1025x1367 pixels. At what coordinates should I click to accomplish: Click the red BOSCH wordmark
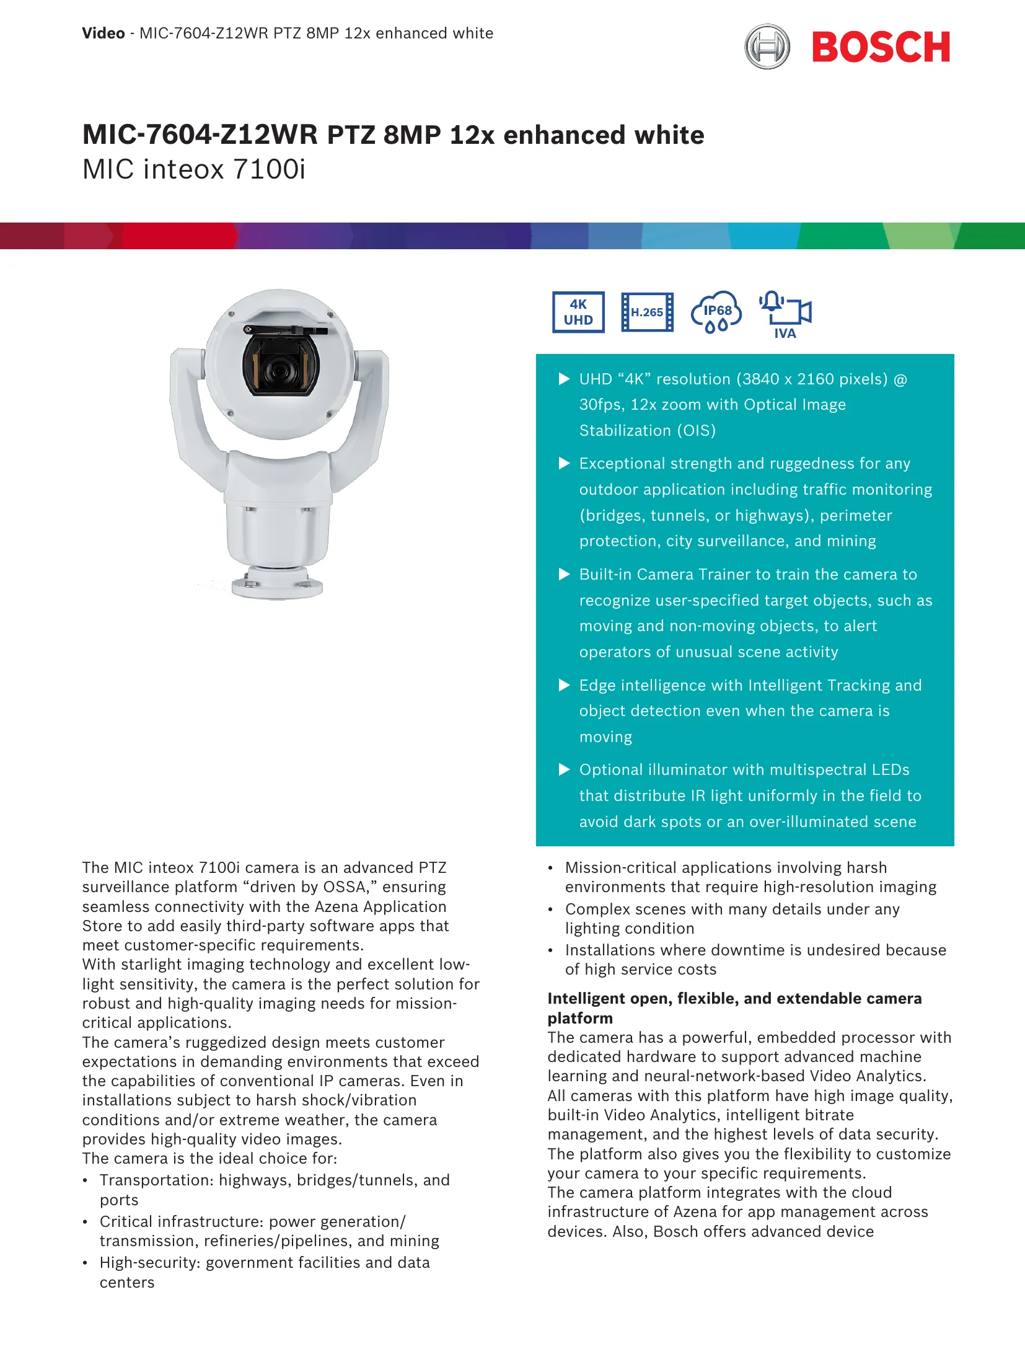click(x=881, y=47)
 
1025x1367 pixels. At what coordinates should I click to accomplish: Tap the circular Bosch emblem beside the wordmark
click(x=767, y=46)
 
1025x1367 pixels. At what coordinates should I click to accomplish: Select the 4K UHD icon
click(x=578, y=312)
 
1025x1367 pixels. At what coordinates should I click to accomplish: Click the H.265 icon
click(x=647, y=312)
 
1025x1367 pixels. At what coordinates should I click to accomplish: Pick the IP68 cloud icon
click(x=716, y=312)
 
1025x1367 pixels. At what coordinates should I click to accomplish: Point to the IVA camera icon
click(x=786, y=313)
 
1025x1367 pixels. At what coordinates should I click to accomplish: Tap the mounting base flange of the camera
click(x=277, y=585)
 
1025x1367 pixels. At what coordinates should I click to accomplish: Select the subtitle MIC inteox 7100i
click(x=194, y=169)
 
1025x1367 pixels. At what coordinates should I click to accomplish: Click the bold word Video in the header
click(x=103, y=33)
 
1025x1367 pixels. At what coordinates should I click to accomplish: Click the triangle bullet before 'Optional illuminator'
click(x=564, y=769)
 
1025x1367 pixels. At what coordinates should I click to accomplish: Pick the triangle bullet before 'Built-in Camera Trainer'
click(x=564, y=574)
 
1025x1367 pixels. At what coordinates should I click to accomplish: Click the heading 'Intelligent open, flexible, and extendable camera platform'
click(x=734, y=1007)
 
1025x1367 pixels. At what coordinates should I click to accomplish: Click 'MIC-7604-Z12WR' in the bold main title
click(x=200, y=135)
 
